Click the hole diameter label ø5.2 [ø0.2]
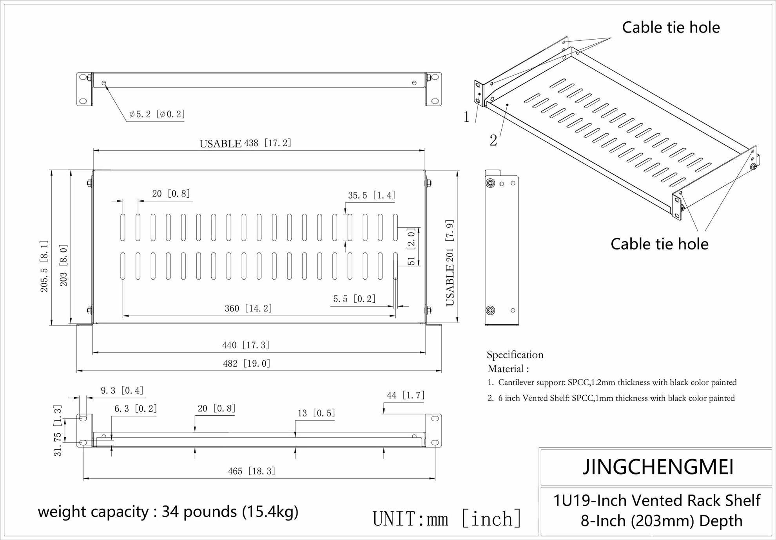pyautogui.click(x=157, y=114)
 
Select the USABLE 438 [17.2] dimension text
pyautogui.click(x=245, y=144)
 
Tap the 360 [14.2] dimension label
pyautogui.click(x=248, y=309)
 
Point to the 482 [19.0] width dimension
pyautogui.click(x=247, y=364)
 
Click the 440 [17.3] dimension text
pyautogui.click(x=246, y=345)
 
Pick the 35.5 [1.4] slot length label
pyautogui.click(x=372, y=195)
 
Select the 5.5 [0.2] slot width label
pyautogui.click(x=354, y=299)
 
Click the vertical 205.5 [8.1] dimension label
pyautogui.click(x=44, y=266)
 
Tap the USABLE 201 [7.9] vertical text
pyautogui.click(x=450, y=263)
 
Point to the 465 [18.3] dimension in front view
pyautogui.click(x=252, y=471)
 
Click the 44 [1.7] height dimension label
pyautogui.click(x=406, y=395)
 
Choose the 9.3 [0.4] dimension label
pyautogui.click(x=122, y=391)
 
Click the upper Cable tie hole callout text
pyautogui.click(x=671, y=27)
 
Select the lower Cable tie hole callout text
pyautogui.click(x=659, y=244)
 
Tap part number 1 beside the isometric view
pyautogui.click(x=466, y=117)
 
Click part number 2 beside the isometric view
pyautogui.click(x=493, y=140)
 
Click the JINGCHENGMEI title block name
pyautogui.click(x=658, y=467)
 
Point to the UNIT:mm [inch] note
pyautogui.click(x=447, y=519)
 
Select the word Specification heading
pyautogui.click(x=515, y=355)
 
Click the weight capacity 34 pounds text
pyautogui.click(x=168, y=512)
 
